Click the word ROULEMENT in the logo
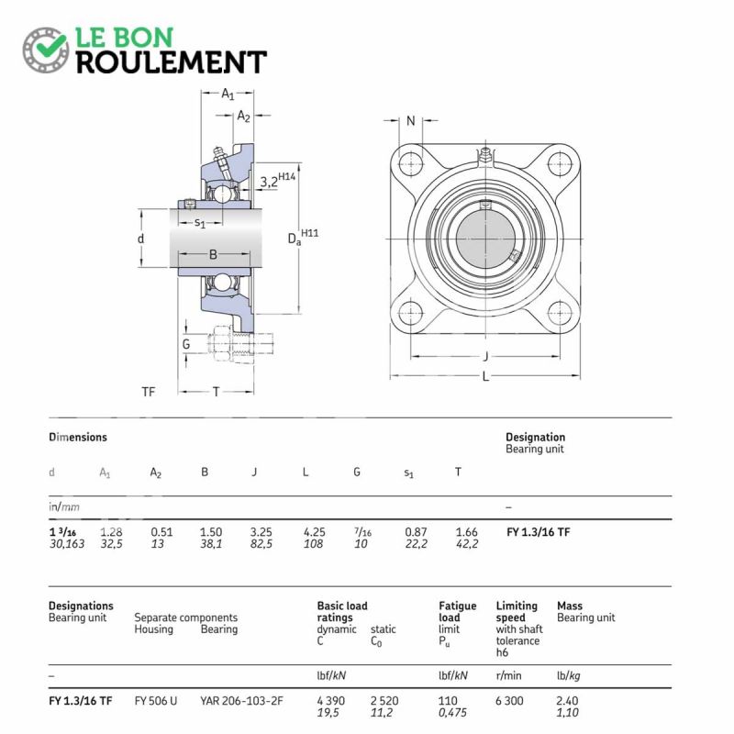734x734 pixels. coord(171,61)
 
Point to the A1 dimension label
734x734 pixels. coord(228,94)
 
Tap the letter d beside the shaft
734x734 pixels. coord(140,239)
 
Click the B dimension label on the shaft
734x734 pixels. coord(212,255)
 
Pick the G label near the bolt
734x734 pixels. coord(185,344)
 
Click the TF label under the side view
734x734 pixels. coord(149,392)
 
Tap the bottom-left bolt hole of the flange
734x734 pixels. coord(410,313)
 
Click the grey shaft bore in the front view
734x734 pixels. coord(484,236)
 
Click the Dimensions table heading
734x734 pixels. coord(78,438)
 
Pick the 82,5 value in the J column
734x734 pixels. coord(261,543)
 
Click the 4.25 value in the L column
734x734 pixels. coord(315,531)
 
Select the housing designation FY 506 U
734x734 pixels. coord(155,701)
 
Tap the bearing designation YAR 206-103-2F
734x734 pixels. coord(241,701)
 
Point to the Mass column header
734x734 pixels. coord(570,606)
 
